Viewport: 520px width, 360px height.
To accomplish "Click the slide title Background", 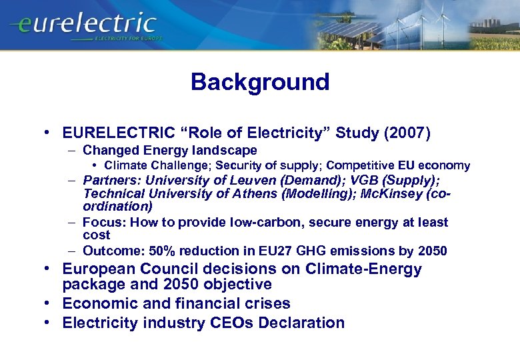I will pyautogui.click(x=260, y=82).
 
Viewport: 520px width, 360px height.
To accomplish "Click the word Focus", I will pyautogui.click(x=103, y=223).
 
